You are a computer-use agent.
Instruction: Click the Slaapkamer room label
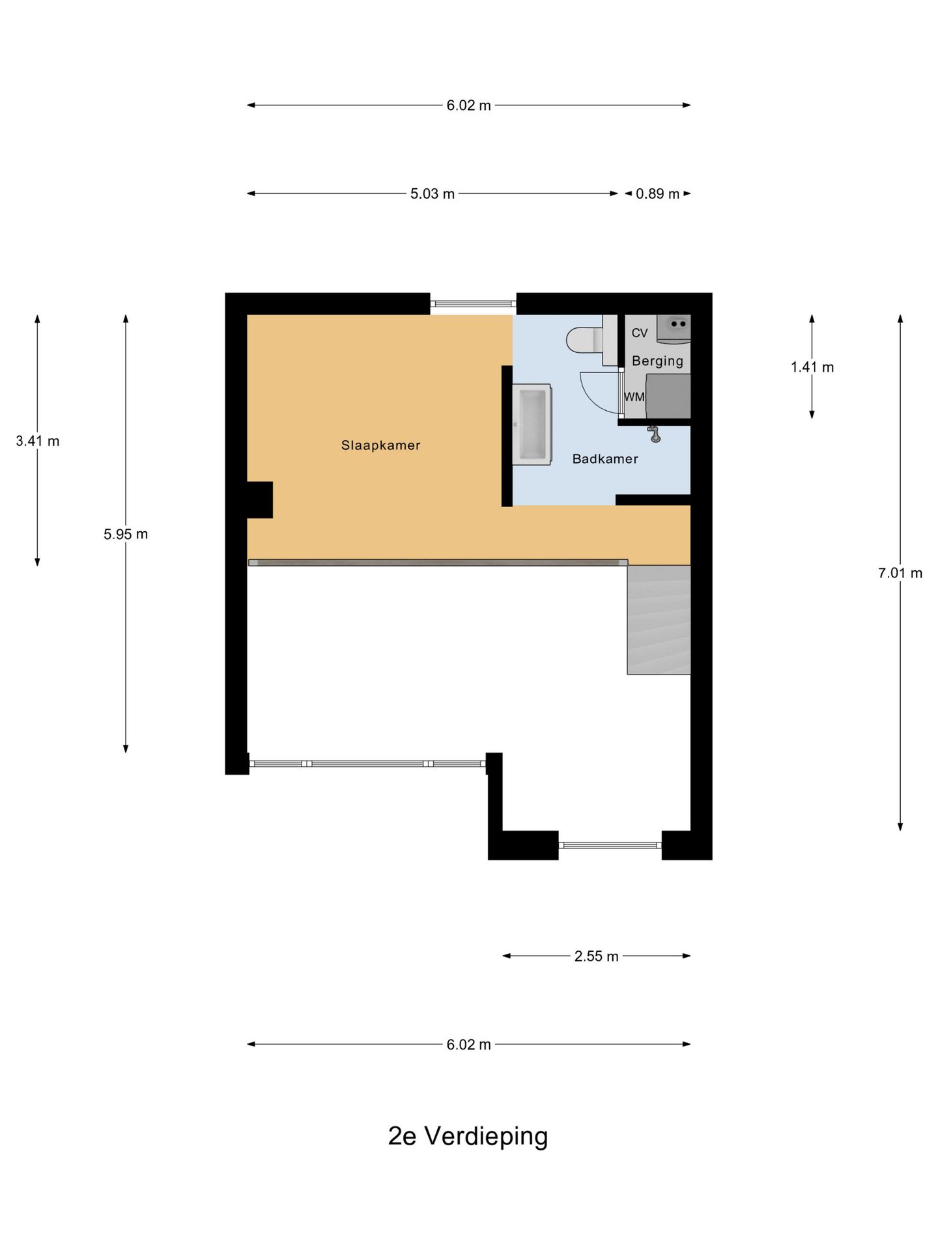click(x=381, y=445)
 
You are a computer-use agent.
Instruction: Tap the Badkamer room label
click(x=605, y=459)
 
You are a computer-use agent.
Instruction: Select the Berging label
click(x=657, y=361)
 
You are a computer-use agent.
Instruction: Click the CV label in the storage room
click(x=640, y=333)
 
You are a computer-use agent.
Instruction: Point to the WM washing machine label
click(x=634, y=396)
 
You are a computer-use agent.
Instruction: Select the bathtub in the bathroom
click(x=532, y=424)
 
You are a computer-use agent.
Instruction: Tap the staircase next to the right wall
click(x=659, y=620)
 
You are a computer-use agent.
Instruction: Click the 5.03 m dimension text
click(x=433, y=194)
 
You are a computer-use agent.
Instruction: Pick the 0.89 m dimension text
click(x=657, y=194)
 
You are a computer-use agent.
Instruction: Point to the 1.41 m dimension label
click(x=812, y=367)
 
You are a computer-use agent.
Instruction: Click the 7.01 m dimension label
click(x=900, y=573)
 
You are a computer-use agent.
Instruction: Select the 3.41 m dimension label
click(x=38, y=441)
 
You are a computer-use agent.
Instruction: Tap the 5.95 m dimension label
click(x=126, y=534)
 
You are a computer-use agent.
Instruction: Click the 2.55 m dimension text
click(x=596, y=956)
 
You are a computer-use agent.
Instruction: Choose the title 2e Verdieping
click(x=468, y=1136)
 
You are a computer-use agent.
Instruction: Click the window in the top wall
click(x=474, y=303)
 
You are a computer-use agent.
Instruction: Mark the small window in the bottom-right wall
click(x=610, y=845)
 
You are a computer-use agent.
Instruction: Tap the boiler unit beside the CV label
click(x=674, y=329)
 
